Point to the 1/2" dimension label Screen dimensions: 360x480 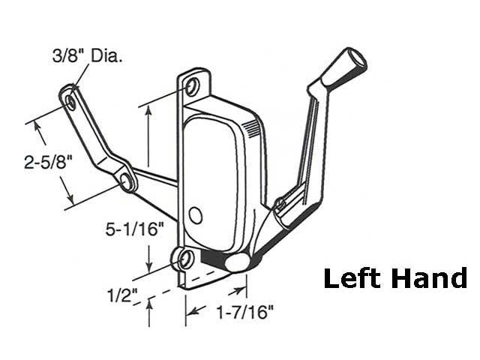[x=123, y=294]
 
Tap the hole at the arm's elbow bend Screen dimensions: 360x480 [x=125, y=179]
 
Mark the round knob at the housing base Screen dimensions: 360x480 [x=238, y=262]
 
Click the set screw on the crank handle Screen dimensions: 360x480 [x=280, y=203]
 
